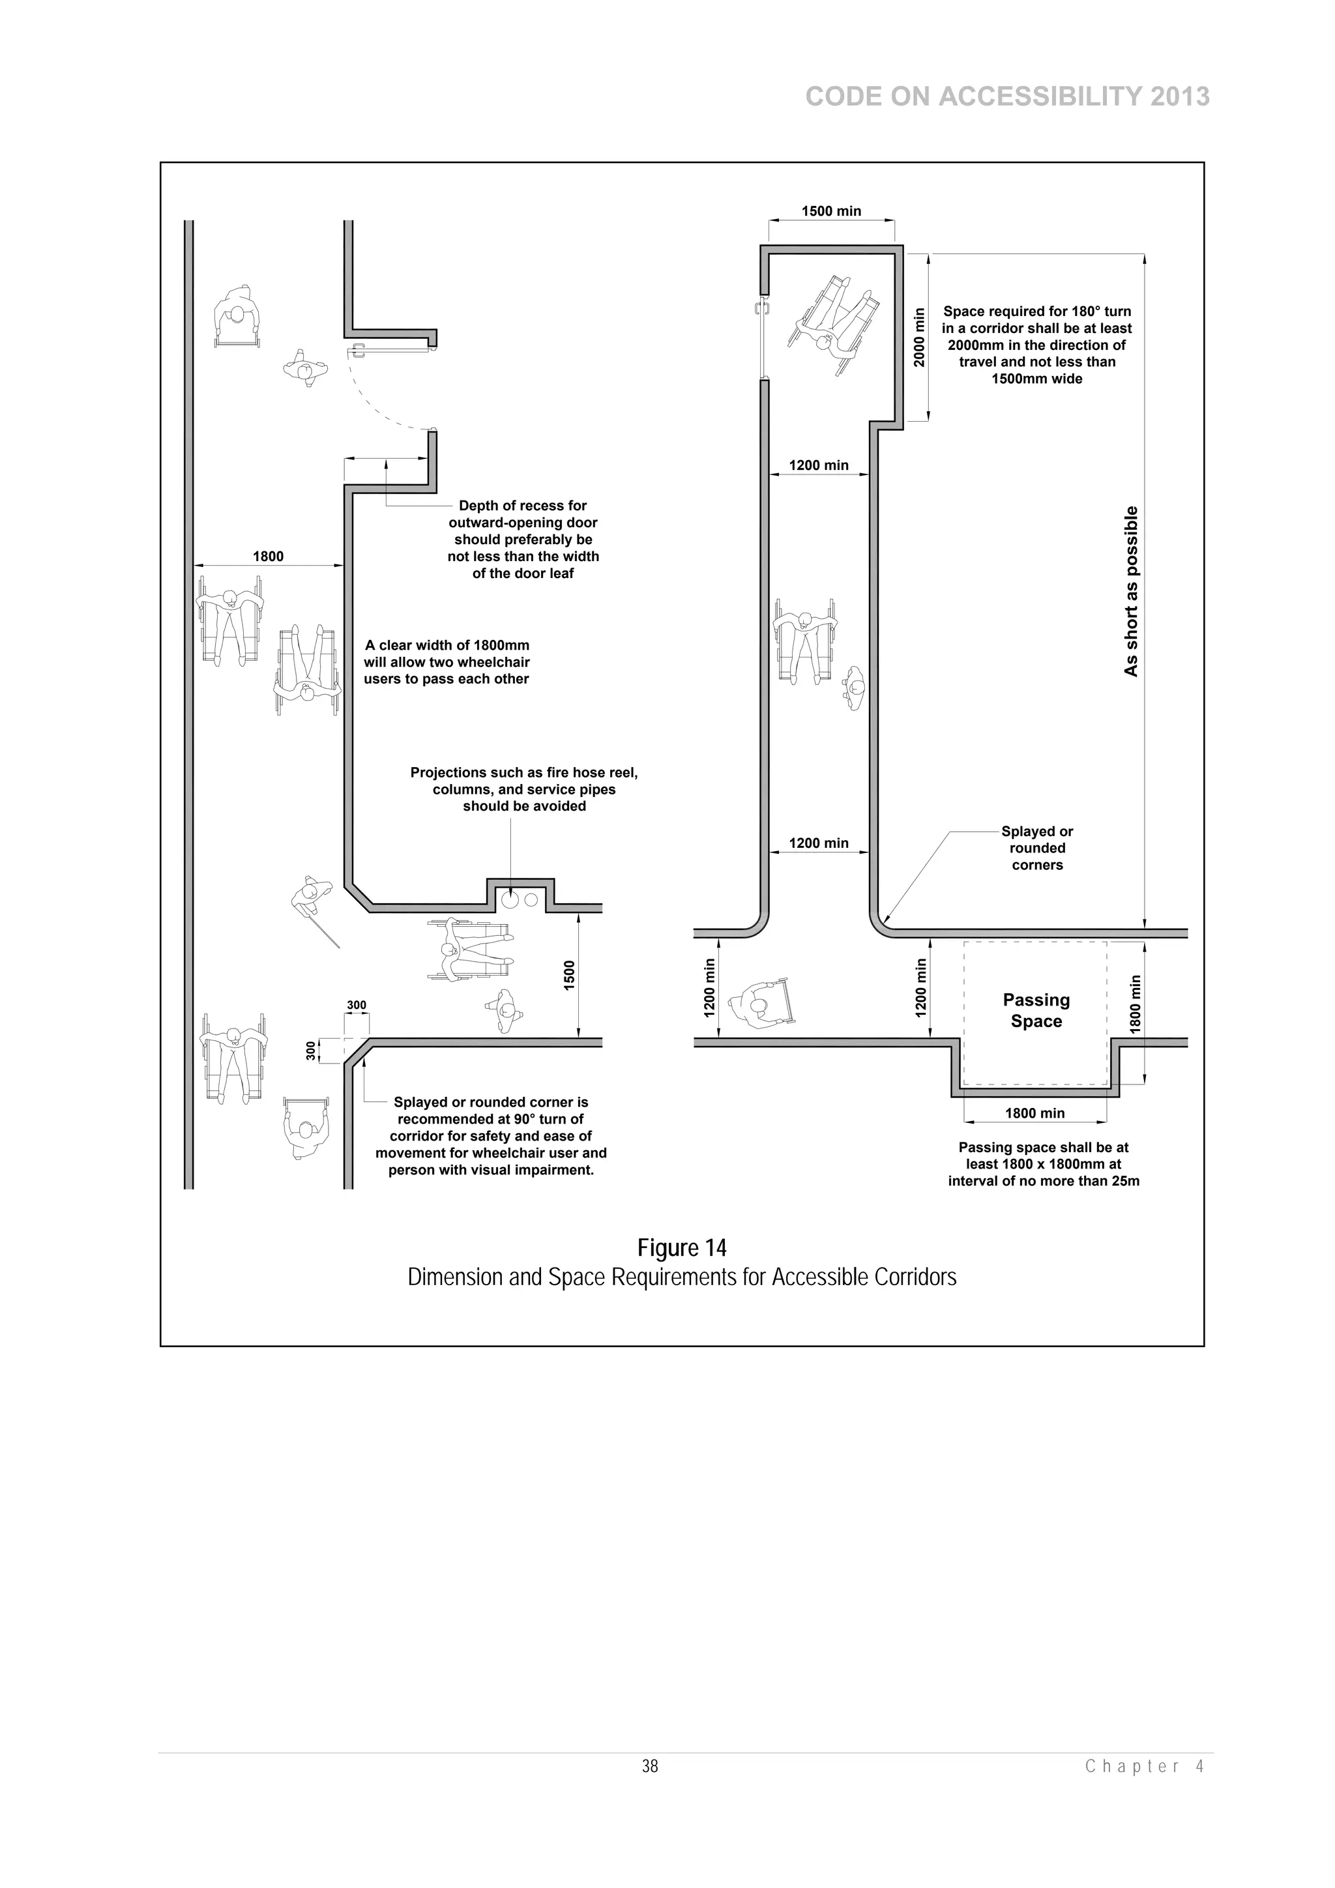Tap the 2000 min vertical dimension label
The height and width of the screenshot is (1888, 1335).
(x=920, y=337)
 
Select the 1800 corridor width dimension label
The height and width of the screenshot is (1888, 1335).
(x=267, y=557)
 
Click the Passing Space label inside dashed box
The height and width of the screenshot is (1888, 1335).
(x=1036, y=1011)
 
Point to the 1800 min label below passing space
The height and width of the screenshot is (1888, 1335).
(x=1034, y=1113)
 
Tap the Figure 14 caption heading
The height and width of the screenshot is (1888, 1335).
(x=682, y=1248)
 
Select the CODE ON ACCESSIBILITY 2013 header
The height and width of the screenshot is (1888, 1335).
(x=1007, y=97)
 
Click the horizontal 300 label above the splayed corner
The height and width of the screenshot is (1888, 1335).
(x=356, y=1005)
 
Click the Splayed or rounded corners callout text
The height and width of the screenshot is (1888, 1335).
(x=1036, y=848)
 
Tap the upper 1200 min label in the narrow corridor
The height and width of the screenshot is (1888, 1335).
(x=819, y=465)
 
